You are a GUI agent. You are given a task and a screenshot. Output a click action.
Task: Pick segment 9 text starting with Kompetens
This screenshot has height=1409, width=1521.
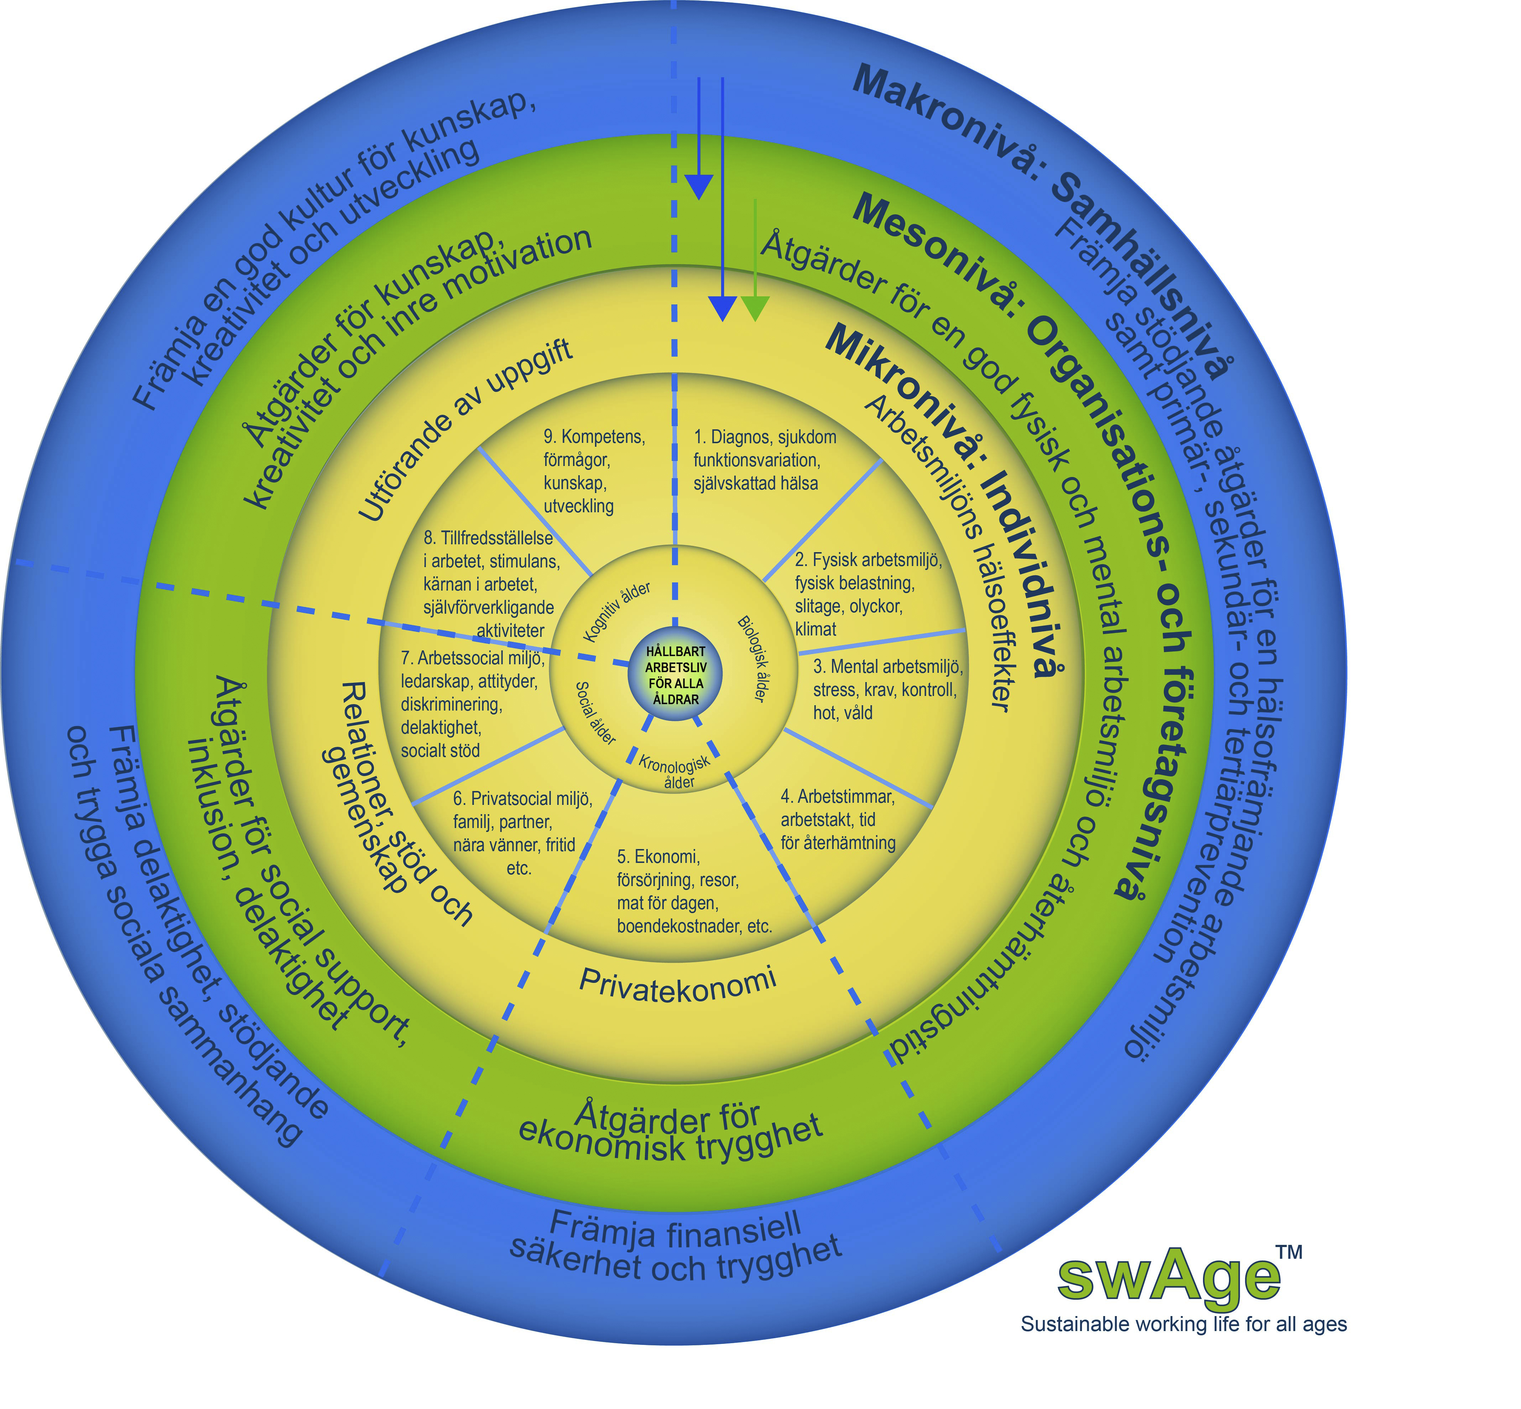(x=593, y=471)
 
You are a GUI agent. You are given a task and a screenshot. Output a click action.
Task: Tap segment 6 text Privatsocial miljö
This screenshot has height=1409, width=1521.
(x=522, y=833)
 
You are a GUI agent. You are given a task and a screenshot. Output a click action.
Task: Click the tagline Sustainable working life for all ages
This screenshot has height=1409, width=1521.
(x=1183, y=1345)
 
